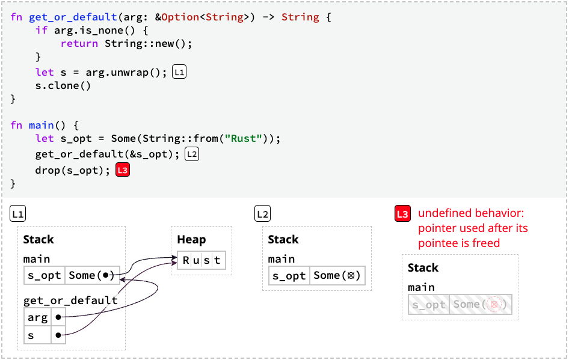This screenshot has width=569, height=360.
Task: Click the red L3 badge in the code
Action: [123, 170]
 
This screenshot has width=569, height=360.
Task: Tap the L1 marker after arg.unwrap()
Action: [179, 72]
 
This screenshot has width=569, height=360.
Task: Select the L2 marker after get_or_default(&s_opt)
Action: [192, 154]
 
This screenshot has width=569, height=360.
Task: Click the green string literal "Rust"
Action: [243, 138]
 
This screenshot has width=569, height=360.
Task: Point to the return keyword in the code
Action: [79, 43]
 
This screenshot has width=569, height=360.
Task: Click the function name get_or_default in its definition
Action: [73, 17]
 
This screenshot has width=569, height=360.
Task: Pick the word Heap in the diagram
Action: [191, 240]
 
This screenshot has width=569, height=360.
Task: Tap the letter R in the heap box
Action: [186, 260]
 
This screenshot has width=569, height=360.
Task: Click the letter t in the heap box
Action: [217, 260]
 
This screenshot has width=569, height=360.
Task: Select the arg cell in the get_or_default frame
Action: [38, 317]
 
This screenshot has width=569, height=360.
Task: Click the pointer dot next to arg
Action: [58, 317]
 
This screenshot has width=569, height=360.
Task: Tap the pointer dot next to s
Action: [58, 335]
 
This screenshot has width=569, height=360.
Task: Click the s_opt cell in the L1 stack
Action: [45, 275]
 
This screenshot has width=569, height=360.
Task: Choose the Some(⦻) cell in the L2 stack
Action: [337, 275]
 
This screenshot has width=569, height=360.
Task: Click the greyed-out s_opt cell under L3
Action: [429, 304]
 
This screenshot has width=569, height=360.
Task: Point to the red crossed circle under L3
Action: [494, 304]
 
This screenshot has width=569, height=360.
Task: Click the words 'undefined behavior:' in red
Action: [471, 213]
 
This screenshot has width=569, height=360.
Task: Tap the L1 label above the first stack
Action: [18, 214]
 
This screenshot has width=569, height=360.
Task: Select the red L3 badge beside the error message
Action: [402, 214]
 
